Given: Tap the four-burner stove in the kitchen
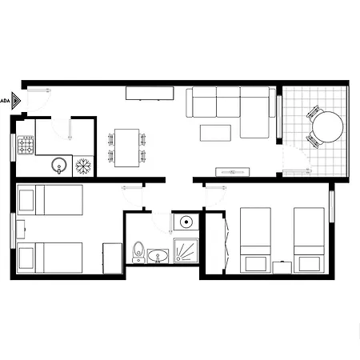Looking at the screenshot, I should (x=26, y=145).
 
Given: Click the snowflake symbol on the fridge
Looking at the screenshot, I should (x=82, y=166).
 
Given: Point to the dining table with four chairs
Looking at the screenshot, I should (x=126, y=147).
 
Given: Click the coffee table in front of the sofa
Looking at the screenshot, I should (x=214, y=133).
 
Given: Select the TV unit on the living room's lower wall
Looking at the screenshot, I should (x=233, y=170).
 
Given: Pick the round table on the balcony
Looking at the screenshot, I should (x=326, y=126).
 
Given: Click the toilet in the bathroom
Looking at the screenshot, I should (x=138, y=252).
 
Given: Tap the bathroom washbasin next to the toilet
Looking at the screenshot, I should (x=156, y=256).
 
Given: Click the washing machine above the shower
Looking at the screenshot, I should (x=186, y=222).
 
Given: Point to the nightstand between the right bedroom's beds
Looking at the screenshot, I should (x=282, y=266).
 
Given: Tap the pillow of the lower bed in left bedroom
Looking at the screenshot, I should (x=27, y=258).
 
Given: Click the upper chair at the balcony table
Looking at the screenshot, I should (x=314, y=110).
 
